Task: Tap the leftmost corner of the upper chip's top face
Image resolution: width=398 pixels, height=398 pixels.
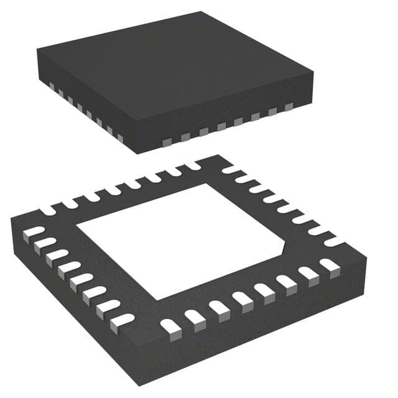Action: tap(37, 49)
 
